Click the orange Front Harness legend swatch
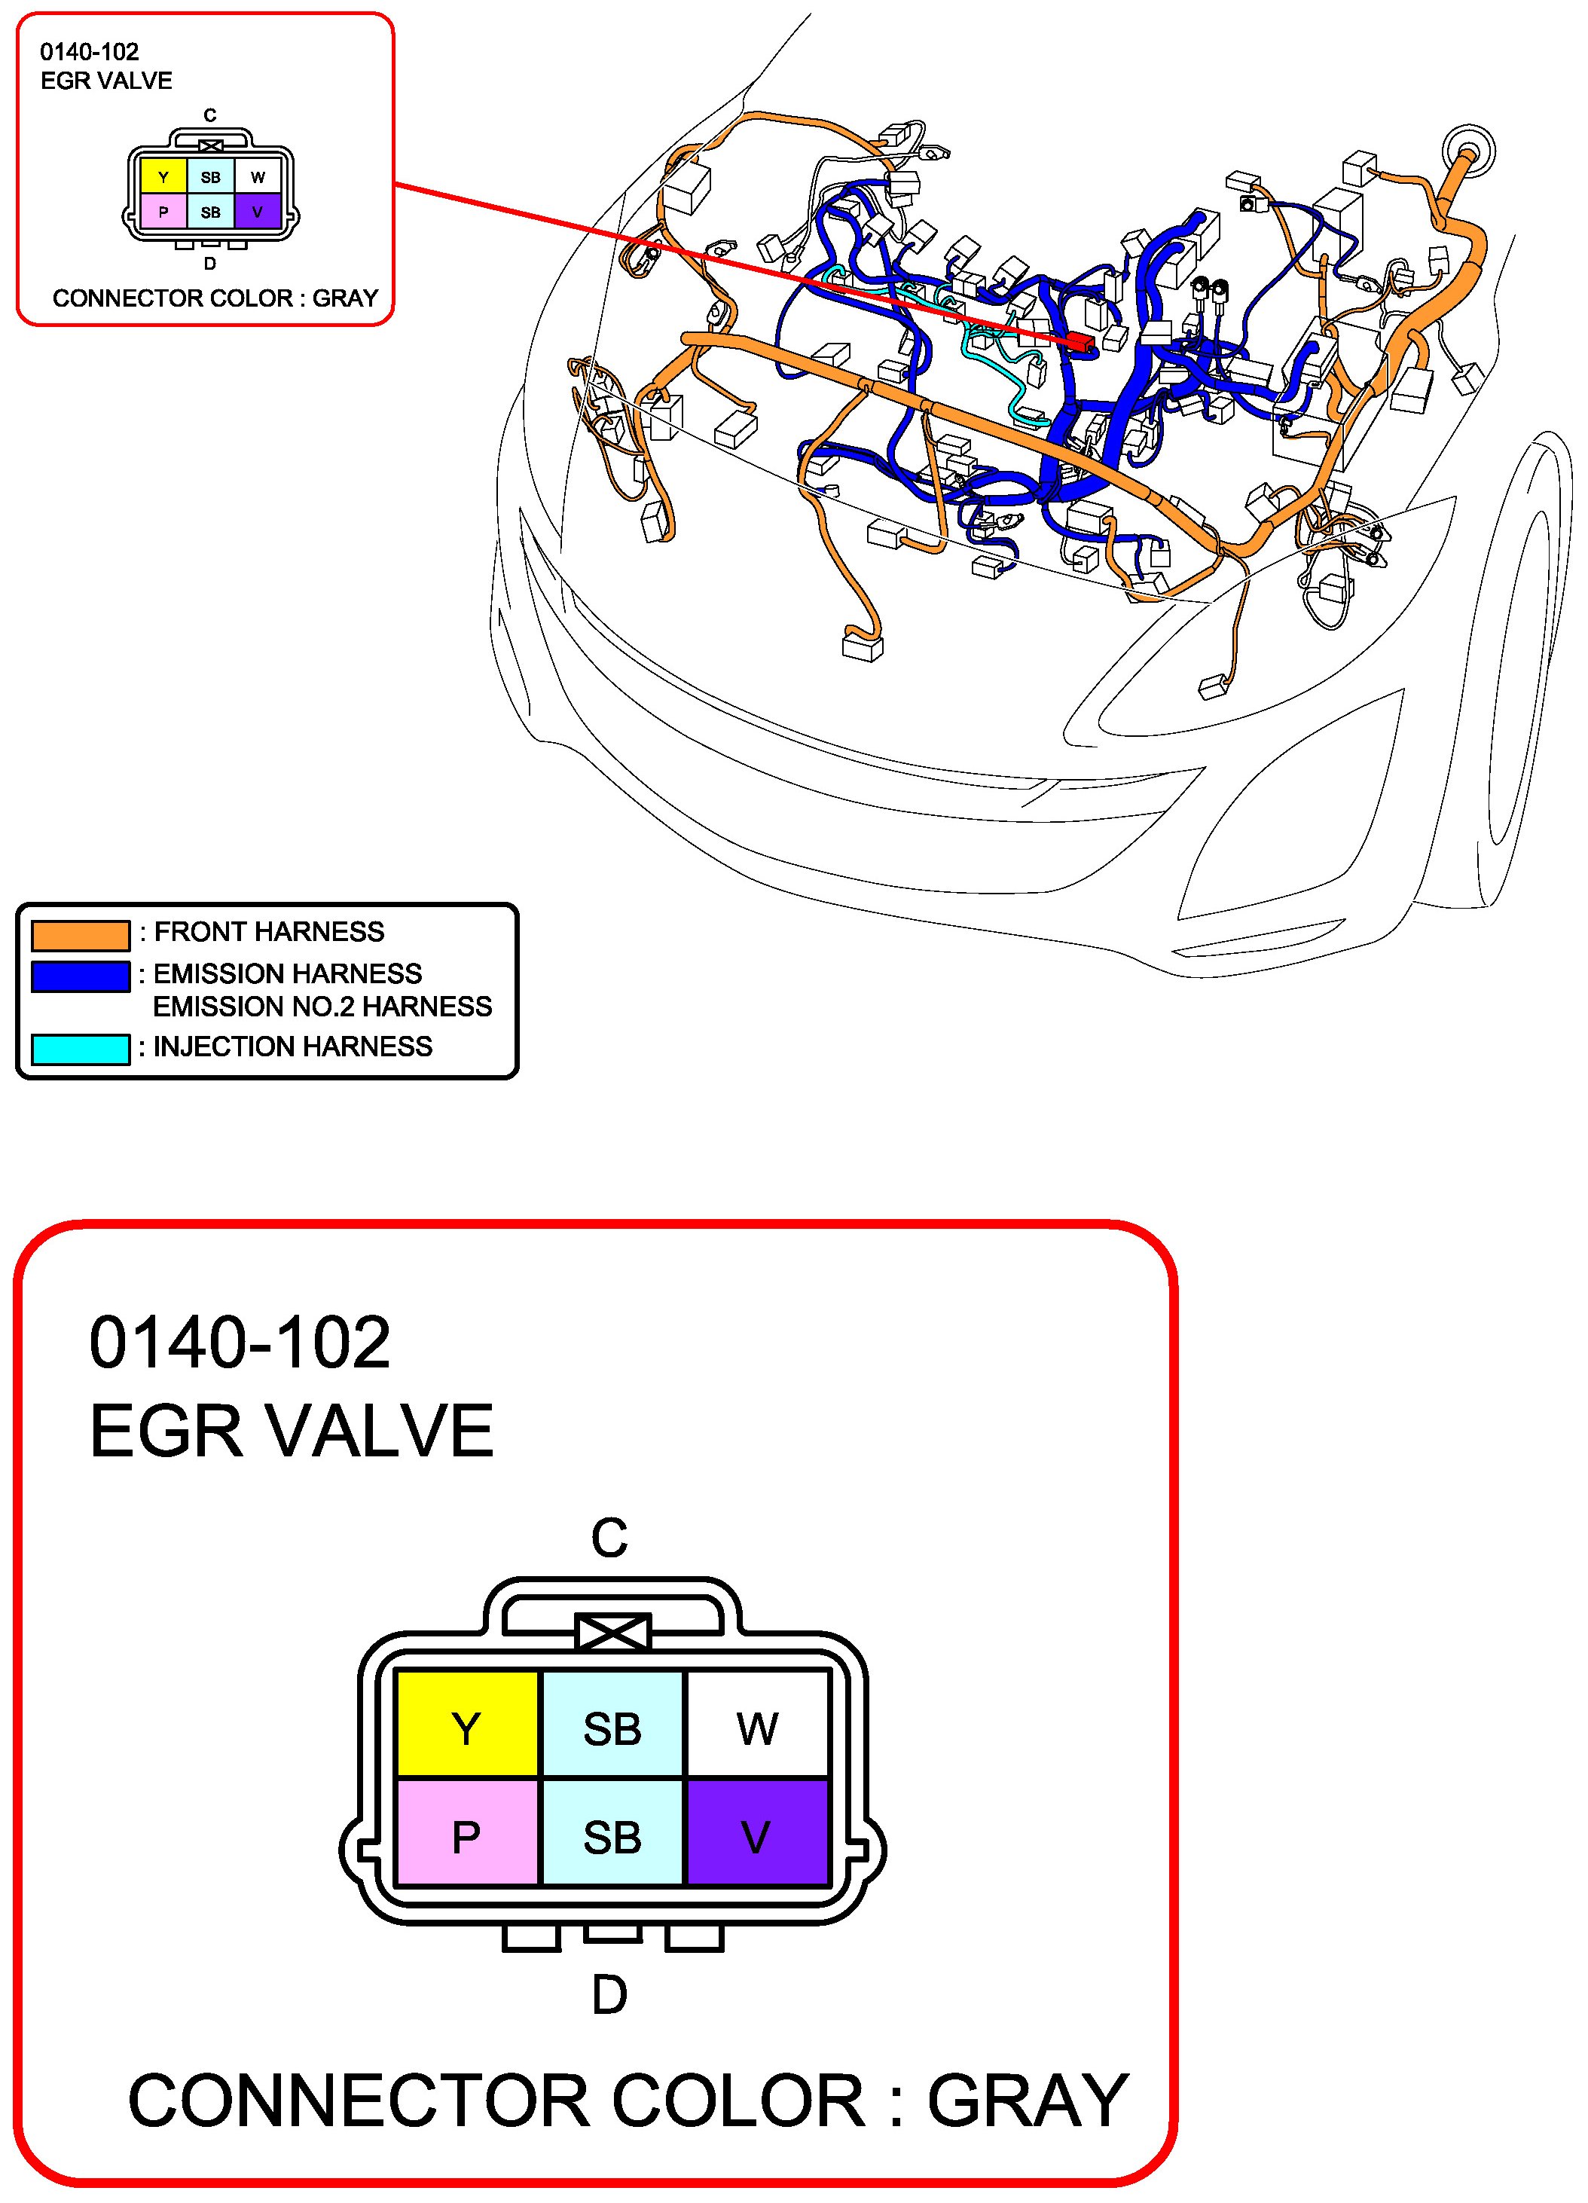coord(81,934)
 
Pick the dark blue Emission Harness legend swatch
coord(81,976)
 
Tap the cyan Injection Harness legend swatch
coord(81,1049)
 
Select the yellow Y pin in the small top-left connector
coord(163,177)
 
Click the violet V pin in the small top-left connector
coord(258,211)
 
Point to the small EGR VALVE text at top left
coord(107,81)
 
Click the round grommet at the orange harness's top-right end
coord(1468,150)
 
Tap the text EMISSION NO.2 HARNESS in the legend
coord(322,1007)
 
